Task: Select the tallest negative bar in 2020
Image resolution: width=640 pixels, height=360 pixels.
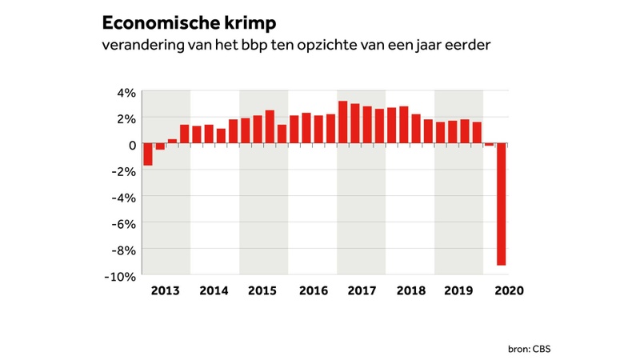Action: pos(502,204)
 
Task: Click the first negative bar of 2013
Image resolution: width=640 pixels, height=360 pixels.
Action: pos(148,154)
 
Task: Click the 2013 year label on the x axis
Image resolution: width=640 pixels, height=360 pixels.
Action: pos(166,291)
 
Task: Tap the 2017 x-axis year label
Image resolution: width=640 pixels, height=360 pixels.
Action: pos(362,291)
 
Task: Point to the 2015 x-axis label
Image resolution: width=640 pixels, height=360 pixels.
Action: pos(264,291)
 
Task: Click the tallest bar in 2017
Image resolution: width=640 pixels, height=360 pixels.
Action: pos(342,122)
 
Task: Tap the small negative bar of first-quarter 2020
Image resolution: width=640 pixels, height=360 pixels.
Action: pos(489,145)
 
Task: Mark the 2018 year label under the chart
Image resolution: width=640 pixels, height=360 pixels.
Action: pos(410,291)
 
